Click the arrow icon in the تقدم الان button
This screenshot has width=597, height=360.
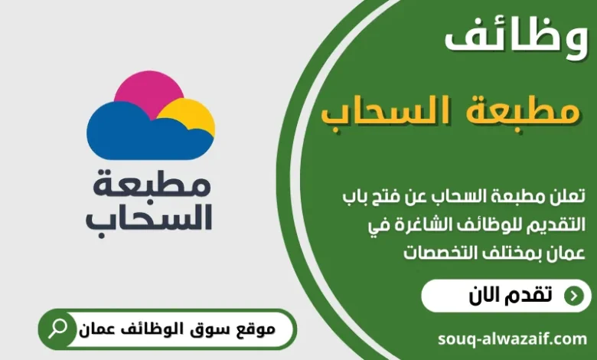point(572,296)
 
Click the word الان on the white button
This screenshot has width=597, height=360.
point(484,296)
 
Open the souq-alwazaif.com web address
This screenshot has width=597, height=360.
point(513,338)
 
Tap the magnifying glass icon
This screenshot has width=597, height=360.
point(57,329)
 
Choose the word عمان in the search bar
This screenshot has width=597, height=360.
point(96,330)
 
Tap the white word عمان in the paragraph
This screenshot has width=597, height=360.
point(566,251)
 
